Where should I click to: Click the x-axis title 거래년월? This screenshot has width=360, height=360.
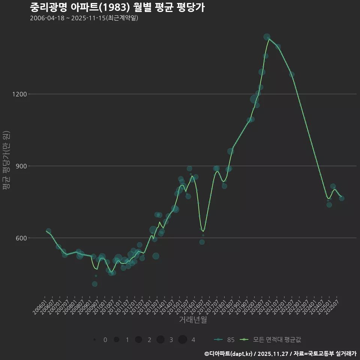(193, 320)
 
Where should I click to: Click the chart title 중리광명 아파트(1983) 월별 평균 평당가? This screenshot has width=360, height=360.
(117, 7)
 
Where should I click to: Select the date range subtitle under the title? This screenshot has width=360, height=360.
(84, 18)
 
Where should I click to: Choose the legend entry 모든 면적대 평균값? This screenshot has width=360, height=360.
(272, 340)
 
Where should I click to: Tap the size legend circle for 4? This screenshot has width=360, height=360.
(183, 340)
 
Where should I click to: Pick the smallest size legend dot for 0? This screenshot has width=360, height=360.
(94, 340)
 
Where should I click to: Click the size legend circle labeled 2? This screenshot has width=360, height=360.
(138, 340)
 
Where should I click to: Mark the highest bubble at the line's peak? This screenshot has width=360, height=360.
(267, 37)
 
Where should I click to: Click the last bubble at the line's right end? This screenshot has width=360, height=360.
(342, 198)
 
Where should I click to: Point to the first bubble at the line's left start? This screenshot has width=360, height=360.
(48, 231)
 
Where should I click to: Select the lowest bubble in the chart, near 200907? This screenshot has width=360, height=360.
(95, 284)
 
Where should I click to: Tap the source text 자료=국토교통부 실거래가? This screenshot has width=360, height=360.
(325, 353)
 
